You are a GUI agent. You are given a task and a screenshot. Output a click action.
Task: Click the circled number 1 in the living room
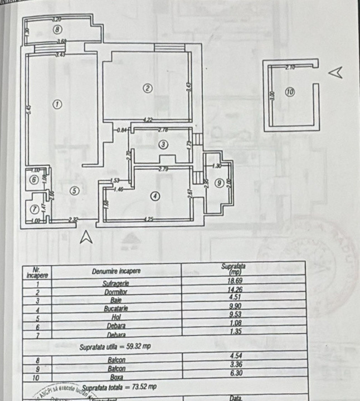(56, 104)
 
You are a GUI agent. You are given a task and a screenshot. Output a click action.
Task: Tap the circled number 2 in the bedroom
(147, 88)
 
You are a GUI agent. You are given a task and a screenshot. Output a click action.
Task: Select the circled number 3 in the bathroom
(163, 144)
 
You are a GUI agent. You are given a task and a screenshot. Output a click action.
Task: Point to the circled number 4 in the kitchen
(155, 195)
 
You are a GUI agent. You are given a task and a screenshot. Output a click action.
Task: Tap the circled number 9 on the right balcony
(220, 182)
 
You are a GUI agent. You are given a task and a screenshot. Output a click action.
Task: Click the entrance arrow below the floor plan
(86, 237)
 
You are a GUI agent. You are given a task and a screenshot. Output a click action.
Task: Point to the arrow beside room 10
(335, 72)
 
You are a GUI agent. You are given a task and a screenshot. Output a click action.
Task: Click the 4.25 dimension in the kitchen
(148, 219)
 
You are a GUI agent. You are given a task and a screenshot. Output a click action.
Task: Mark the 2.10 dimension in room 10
(289, 67)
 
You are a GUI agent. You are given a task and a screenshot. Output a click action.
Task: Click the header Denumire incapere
(116, 272)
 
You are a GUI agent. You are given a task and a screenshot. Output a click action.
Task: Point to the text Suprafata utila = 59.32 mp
(115, 346)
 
